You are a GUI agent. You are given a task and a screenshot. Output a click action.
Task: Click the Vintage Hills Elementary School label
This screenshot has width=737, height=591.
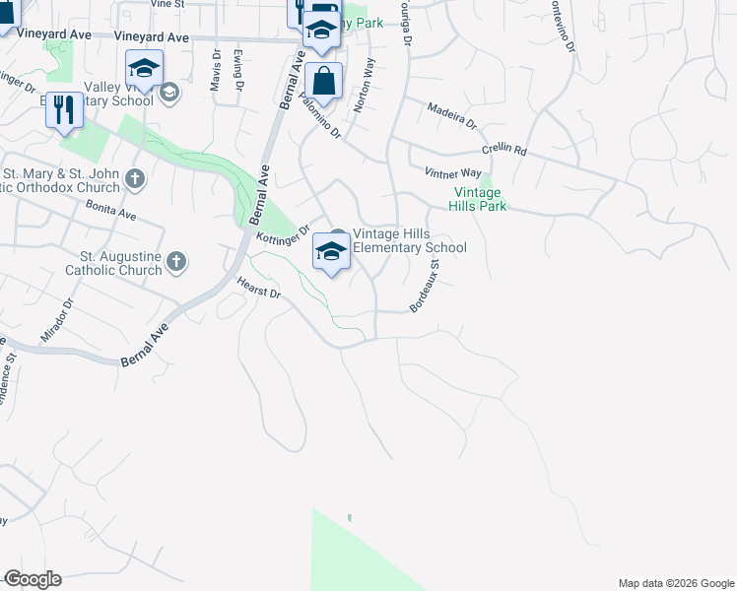pyautogui.click(x=409, y=240)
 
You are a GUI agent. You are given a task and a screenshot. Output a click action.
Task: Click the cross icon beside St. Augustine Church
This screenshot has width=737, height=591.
pyautogui.click(x=176, y=262)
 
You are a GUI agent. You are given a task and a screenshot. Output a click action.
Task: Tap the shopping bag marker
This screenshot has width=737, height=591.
pyautogui.click(x=323, y=82)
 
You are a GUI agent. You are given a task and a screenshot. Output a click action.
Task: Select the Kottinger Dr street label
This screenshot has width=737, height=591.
pyautogui.click(x=283, y=233)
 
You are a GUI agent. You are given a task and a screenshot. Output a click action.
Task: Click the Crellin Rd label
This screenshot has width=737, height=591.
pyautogui.click(x=504, y=151)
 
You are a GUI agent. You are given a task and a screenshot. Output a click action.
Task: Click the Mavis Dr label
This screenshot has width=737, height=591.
pyautogui.click(x=216, y=72)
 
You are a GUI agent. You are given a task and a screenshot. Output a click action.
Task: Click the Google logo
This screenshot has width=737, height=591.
pyautogui.click(x=33, y=579)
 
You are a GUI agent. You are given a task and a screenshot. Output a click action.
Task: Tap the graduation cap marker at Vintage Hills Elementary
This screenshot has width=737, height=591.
pyautogui.click(x=330, y=250)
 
